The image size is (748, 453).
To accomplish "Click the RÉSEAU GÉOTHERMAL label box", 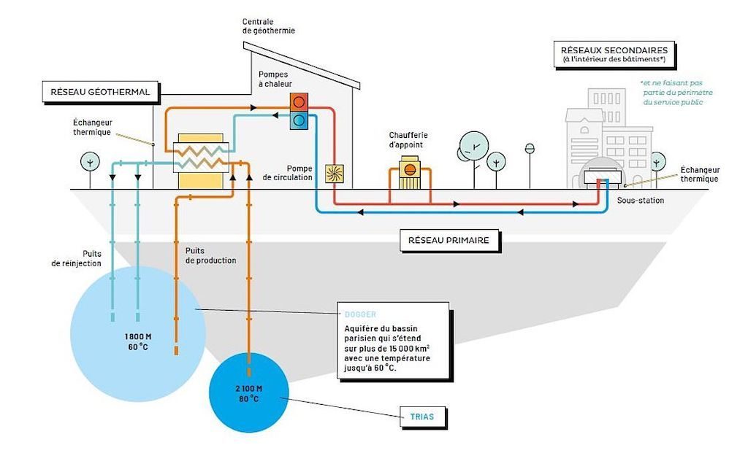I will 100,93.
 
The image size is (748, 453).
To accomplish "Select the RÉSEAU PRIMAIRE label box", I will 449,240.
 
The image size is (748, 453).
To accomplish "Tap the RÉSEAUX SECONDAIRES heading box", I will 614,53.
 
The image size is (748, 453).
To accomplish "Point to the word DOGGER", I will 360,314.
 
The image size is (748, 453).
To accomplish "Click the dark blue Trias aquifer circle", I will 249,395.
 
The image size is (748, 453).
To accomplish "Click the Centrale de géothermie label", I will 269,26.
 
